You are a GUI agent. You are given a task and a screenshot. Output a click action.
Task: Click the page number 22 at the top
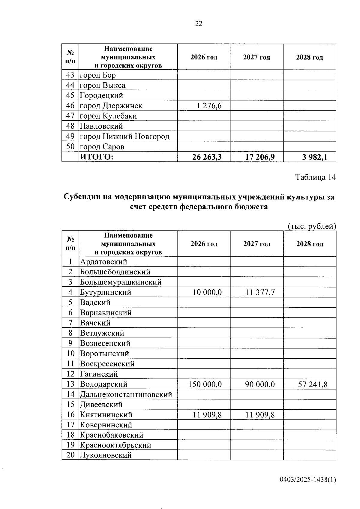[199, 24]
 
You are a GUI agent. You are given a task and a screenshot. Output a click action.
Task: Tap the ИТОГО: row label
[96, 157]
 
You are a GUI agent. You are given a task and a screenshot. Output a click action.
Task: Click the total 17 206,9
[260, 157]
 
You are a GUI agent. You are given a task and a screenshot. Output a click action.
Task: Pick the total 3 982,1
[314, 157]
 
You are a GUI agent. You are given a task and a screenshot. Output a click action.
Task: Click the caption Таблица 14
[316, 177]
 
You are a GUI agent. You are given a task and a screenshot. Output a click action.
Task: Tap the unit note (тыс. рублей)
[312, 226]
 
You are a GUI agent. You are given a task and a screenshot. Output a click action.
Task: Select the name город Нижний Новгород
[124, 137]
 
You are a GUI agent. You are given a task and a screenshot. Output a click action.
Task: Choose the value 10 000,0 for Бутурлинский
[207, 292]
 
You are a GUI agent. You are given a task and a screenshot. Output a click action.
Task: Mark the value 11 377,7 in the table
[260, 292]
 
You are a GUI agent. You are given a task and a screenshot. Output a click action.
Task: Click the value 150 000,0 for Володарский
[205, 384]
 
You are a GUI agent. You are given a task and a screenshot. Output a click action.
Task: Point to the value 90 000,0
[260, 384]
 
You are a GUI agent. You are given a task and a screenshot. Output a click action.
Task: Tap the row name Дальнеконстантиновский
[126, 394]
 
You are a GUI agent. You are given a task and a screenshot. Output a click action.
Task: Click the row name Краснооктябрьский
[115, 445]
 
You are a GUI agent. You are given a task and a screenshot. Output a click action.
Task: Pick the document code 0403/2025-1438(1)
[308, 480]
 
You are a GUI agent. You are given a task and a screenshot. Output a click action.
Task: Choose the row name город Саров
[102, 147]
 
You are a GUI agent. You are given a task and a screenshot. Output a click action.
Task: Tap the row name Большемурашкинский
[121, 282]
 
